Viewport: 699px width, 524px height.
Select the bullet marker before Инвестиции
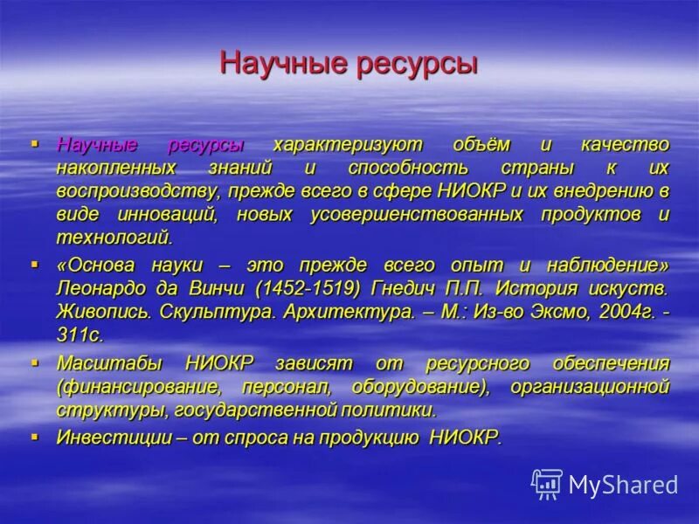tap(35, 434)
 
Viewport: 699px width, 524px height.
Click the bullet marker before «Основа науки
tap(35, 262)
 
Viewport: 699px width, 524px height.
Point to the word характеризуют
tap(347, 144)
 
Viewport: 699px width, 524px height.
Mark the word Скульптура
tap(209, 312)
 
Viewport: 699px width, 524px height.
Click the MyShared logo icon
tap(547, 483)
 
